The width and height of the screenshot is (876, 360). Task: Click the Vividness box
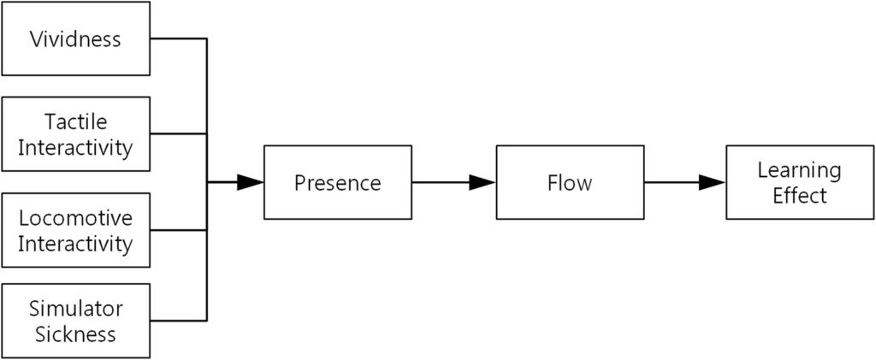click(x=76, y=39)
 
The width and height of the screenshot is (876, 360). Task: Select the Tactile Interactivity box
click(x=76, y=133)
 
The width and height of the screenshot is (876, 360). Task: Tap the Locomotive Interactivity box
click(x=76, y=230)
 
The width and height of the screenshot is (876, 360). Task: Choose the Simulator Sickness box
click(x=76, y=321)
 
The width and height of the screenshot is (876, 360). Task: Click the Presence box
click(x=337, y=182)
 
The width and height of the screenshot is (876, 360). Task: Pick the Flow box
click(x=570, y=182)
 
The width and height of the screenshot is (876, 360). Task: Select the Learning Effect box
click(x=800, y=182)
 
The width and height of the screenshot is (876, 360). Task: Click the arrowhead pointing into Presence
click(x=250, y=182)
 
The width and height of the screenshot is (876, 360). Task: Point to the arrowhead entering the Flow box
click(x=482, y=182)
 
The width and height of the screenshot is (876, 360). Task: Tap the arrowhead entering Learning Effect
click(x=713, y=182)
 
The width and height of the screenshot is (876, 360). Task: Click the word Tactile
click(x=76, y=121)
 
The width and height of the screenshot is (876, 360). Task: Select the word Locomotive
click(x=76, y=218)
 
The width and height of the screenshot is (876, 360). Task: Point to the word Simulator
click(x=76, y=309)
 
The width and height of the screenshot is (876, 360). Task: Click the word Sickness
click(x=76, y=333)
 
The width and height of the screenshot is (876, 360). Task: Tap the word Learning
click(x=800, y=170)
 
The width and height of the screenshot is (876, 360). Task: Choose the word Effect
click(x=800, y=196)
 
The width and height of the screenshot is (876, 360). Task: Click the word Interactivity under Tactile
click(x=76, y=147)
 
